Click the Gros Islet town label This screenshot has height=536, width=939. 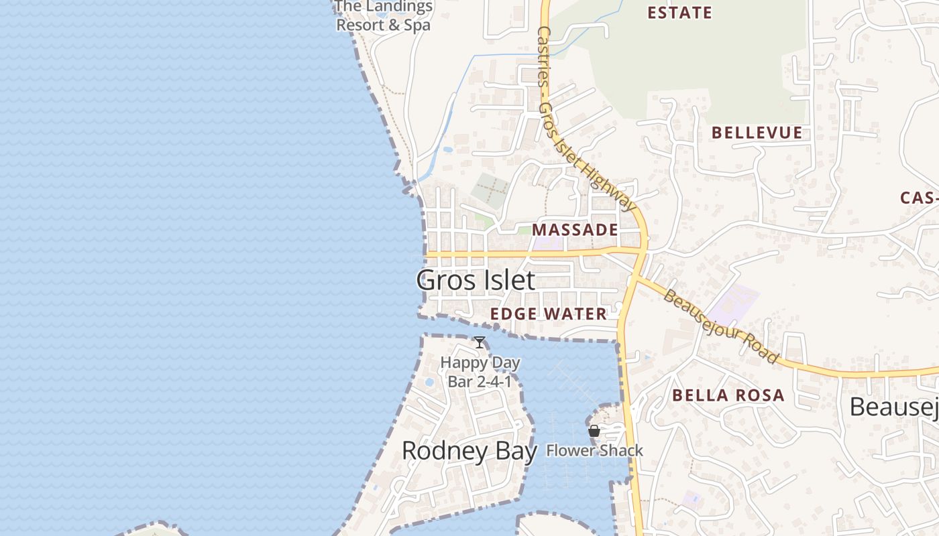pos(476,280)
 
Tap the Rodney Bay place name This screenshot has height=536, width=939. pos(469,451)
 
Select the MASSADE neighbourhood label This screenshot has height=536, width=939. pos(575,230)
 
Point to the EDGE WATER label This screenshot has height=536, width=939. pos(548,314)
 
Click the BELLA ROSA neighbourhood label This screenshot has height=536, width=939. pos(728,395)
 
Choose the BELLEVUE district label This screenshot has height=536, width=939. pos(757,133)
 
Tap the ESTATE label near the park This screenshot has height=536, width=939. pos(679,13)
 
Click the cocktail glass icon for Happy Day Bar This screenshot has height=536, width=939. pos(480,343)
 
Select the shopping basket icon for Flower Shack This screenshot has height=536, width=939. pos(594,431)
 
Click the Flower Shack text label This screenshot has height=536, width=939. pos(594,451)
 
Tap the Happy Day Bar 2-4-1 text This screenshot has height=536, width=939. pos(480,373)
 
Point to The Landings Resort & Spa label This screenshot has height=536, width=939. pos(384,16)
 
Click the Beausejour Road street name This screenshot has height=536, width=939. pos(721,326)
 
